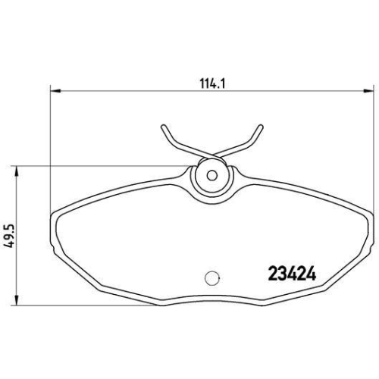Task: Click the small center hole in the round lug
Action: click(x=212, y=174)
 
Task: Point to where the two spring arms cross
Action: click(x=212, y=153)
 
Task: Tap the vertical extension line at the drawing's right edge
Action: click(x=368, y=152)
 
